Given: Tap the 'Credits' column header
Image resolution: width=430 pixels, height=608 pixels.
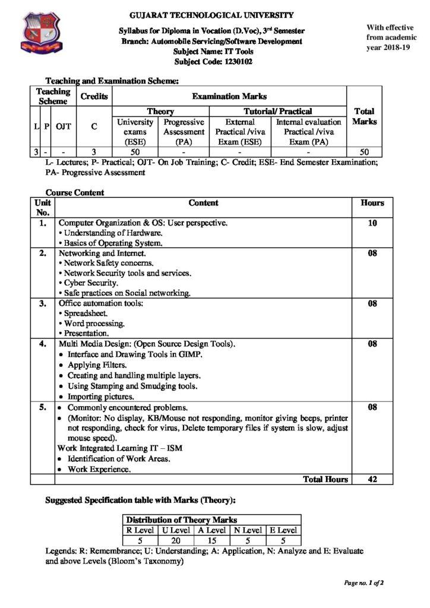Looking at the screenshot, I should [x=94, y=96].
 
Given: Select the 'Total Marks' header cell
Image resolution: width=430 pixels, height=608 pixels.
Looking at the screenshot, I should [x=363, y=116].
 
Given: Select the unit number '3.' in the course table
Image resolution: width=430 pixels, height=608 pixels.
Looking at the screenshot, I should [x=42, y=304].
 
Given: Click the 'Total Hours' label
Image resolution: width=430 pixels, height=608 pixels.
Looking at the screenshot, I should [x=325, y=479].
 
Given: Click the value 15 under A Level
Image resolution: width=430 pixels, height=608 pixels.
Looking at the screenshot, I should [x=211, y=540].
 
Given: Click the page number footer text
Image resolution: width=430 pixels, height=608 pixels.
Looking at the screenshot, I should [x=363, y=582].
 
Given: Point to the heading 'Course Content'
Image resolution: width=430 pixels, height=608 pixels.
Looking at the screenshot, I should [x=75, y=192].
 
